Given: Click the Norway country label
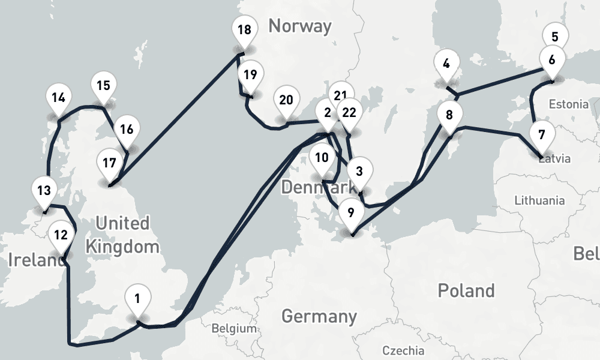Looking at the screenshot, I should (299, 26).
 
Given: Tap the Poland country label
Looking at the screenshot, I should (466, 291).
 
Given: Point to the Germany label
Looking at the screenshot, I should (319, 316).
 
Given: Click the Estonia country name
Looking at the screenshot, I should (569, 104).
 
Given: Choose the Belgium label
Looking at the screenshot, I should (234, 329).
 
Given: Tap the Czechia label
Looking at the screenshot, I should (403, 350).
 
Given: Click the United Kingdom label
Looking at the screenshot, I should (122, 235).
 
